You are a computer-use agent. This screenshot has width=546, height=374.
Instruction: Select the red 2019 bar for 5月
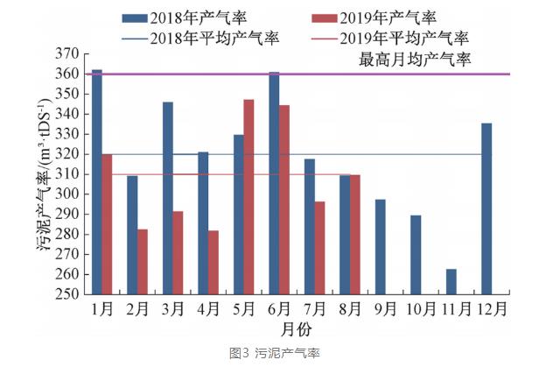pyautogui.click(x=249, y=197)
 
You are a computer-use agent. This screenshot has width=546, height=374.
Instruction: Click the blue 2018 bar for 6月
pyautogui.click(x=274, y=183)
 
